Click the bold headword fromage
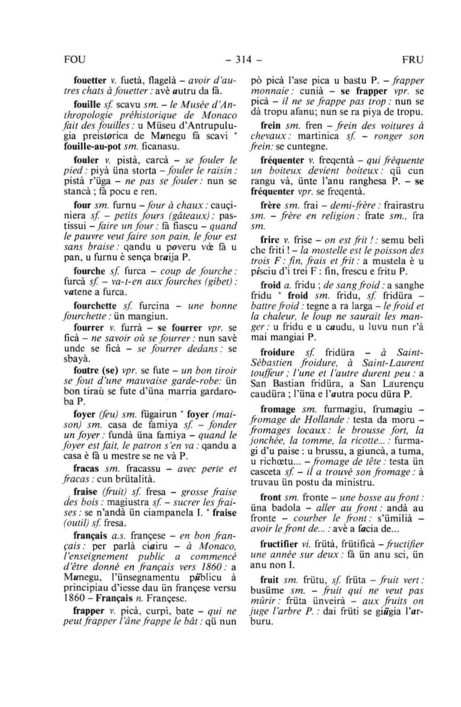(x=278, y=410)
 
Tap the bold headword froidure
(x=278, y=352)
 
